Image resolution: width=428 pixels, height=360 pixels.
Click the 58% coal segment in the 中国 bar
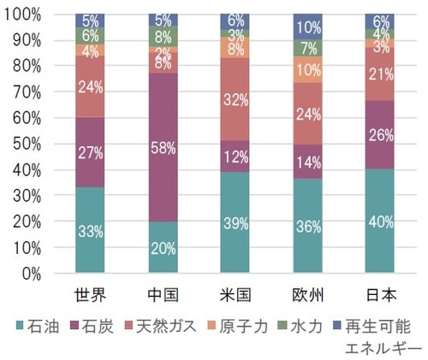[x=162, y=147]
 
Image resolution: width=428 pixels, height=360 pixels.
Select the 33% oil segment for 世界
[x=89, y=230]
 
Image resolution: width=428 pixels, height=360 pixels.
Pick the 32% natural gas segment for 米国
[x=235, y=99]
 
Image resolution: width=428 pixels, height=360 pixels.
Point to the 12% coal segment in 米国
[x=235, y=156]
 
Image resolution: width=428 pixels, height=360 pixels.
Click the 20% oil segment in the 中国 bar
[x=162, y=247]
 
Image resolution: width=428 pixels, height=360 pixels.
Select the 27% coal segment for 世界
[x=89, y=152]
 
